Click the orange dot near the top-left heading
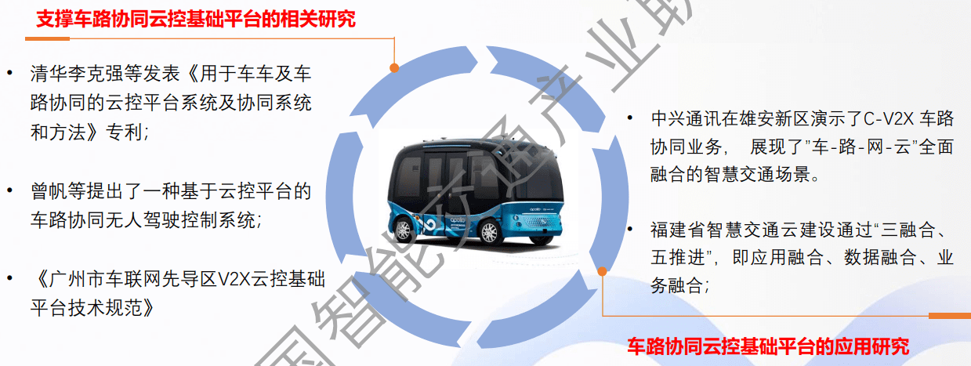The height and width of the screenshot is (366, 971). (394, 68)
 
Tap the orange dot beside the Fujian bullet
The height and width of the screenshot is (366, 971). (602, 271)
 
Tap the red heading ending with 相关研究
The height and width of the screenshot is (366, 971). (196, 20)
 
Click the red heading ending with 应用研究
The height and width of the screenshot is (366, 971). (768, 346)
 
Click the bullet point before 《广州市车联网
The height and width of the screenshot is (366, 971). (10, 279)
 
